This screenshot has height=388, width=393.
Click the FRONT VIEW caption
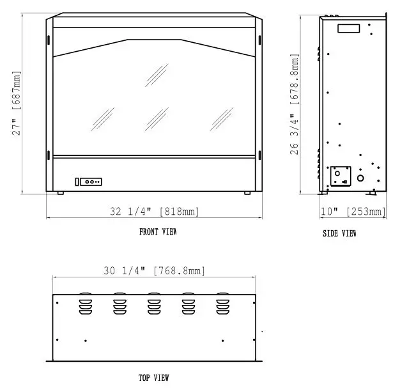pos(158,232)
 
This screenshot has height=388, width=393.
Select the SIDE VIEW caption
pos(339,234)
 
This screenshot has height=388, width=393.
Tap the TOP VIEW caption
pos(154,378)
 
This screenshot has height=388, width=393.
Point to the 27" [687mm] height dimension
pos(19,106)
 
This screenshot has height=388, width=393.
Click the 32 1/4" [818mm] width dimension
pos(154,211)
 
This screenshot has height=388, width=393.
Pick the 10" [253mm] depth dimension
pos(353,211)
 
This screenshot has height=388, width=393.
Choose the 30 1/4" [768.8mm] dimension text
pos(154,270)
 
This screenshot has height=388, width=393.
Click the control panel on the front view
pos(89,182)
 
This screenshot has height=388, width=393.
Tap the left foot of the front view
pos(59,193)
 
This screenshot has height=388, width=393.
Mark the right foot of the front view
pos(247,193)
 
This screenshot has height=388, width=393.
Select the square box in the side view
pos(339,175)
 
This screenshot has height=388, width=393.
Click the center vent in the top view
pos(154,304)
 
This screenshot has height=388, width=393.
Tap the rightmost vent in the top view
pos(222,304)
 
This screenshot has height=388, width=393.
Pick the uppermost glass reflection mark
pos(157,73)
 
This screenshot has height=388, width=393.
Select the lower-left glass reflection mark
pos(102,118)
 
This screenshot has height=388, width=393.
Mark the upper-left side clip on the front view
pos(49,40)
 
